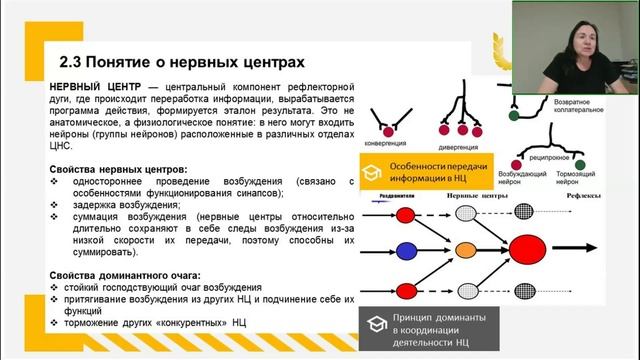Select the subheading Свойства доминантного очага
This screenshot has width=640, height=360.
click(x=125, y=275)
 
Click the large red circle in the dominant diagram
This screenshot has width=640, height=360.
click(x=525, y=250)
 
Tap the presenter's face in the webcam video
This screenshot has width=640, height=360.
click(x=557, y=43)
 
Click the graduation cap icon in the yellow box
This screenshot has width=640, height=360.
click(x=371, y=172)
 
